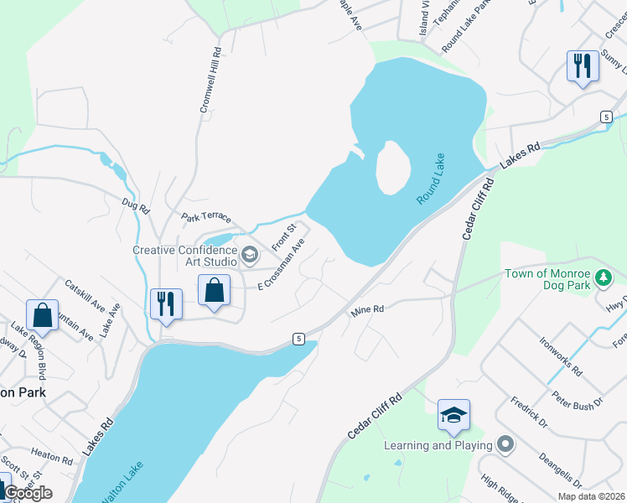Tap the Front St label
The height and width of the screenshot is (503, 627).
tap(284, 237)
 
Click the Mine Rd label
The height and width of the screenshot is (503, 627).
tap(367, 310)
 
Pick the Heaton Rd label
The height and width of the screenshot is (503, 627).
tap(51, 457)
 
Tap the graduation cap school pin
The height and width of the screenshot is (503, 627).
tap(453, 414)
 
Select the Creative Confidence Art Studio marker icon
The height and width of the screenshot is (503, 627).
tap(249, 254)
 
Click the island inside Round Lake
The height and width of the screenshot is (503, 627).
tap(392, 167)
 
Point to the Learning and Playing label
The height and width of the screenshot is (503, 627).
tap(438, 445)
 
